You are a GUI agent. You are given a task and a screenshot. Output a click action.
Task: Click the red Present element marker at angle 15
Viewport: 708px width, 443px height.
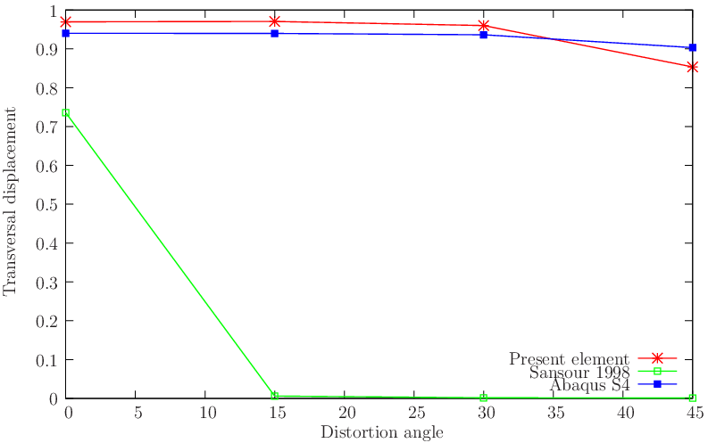point(275,21)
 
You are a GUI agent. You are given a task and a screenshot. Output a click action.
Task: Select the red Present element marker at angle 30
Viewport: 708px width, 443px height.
point(483,26)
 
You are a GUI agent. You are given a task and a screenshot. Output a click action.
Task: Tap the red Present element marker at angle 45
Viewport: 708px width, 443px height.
point(692,67)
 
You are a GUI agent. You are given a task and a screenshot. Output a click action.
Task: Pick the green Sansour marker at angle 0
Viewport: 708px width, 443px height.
point(66,113)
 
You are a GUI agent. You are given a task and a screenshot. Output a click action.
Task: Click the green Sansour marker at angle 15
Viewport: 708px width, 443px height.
point(275,396)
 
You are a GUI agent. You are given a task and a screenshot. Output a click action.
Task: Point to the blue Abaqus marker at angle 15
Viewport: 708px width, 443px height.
point(275,34)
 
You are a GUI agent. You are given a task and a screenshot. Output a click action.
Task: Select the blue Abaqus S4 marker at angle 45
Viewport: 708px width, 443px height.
point(692,48)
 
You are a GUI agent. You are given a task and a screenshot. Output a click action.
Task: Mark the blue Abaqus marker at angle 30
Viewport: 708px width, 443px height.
point(483,35)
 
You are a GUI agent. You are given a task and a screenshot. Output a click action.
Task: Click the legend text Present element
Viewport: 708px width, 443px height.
point(569,358)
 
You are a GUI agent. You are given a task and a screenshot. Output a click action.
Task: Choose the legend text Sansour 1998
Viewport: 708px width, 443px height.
point(579,372)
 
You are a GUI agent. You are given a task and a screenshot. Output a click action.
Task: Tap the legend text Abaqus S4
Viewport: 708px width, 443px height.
point(590,385)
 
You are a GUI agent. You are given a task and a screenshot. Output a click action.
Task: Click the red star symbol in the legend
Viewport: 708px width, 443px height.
point(658,358)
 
